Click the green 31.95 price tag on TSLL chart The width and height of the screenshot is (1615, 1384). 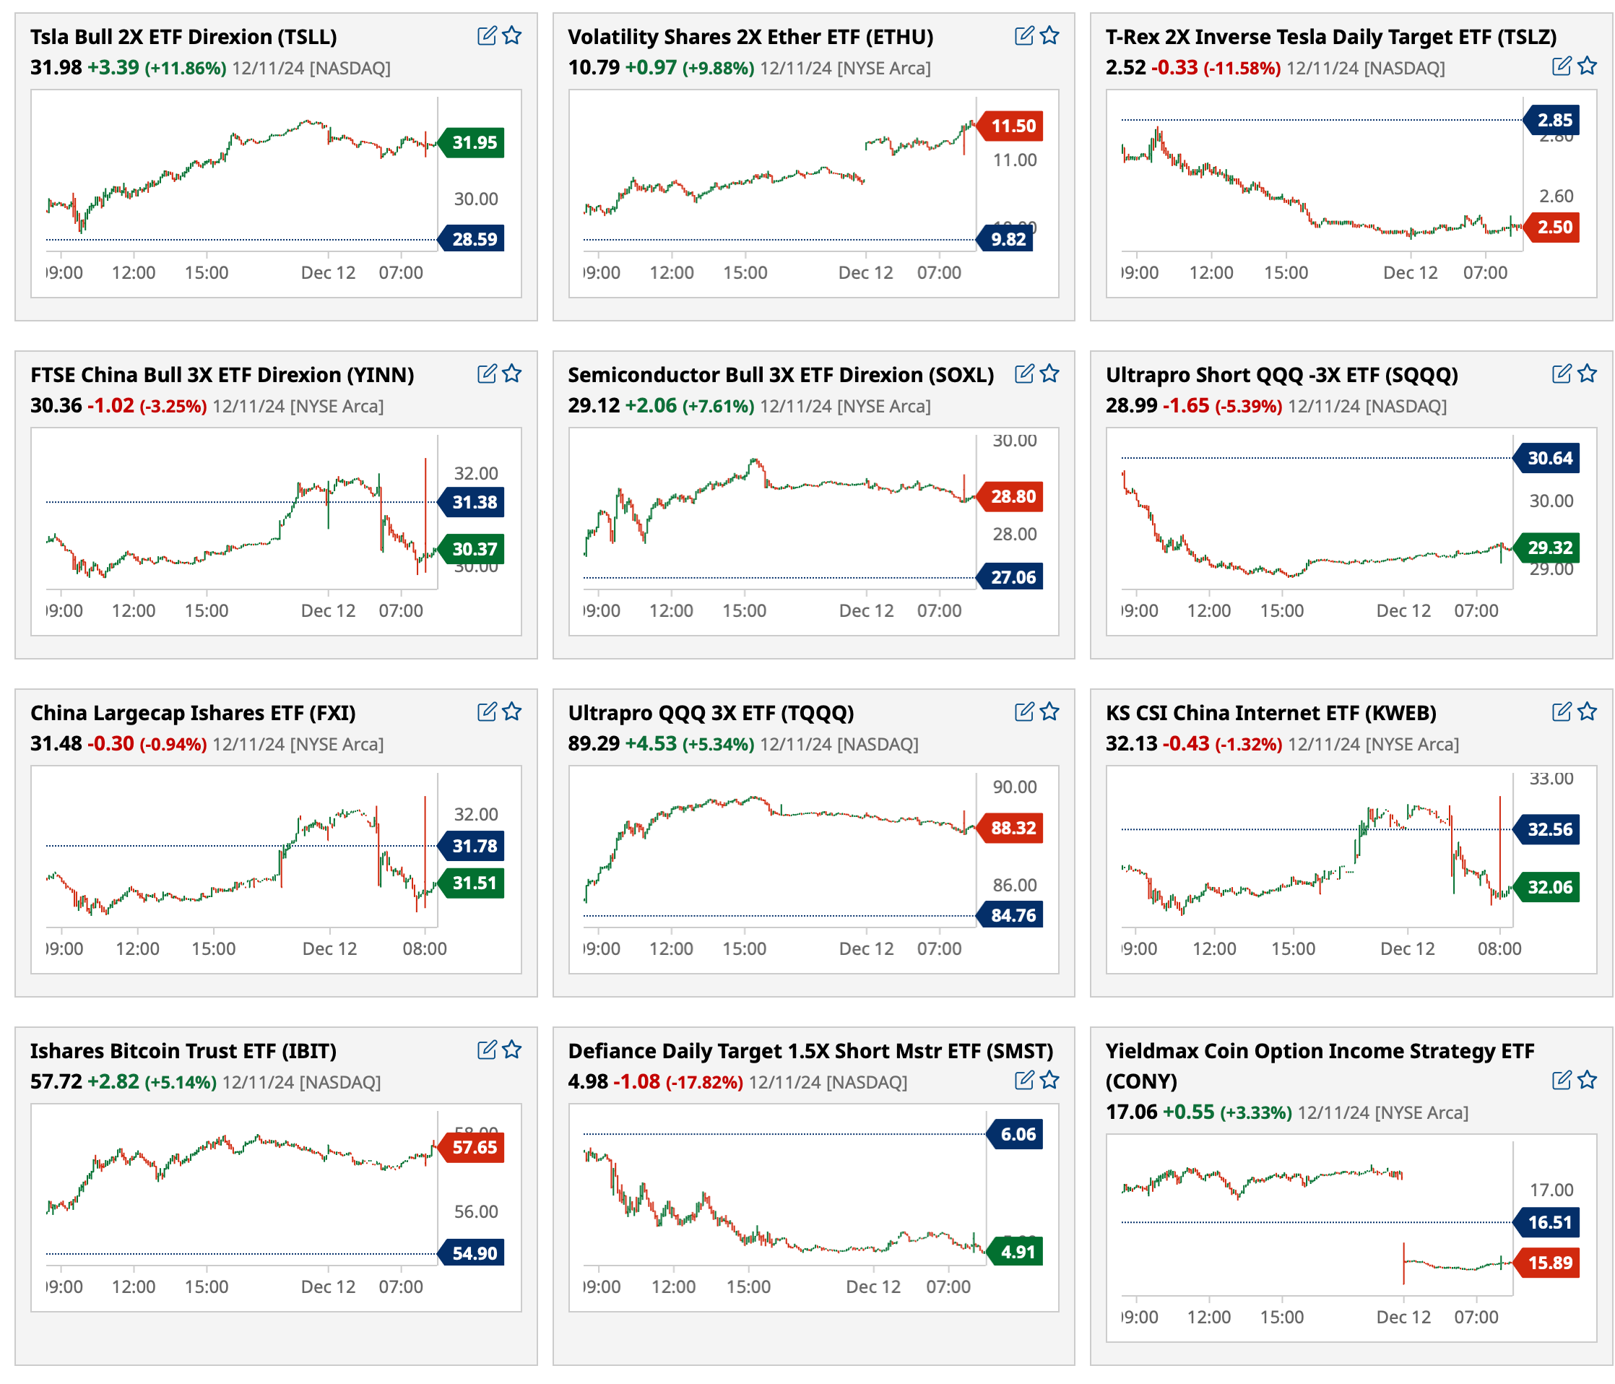[x=473, y=143]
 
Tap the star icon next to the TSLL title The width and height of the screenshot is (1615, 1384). [x=512, y=36]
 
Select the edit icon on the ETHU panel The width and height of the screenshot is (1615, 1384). [x=1024, y=36]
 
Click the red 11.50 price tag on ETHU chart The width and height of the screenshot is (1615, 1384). [x=1012, y=126]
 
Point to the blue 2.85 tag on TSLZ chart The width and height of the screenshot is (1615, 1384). [x=1554, y=120]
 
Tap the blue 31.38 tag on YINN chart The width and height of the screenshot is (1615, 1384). [x=473, y=502]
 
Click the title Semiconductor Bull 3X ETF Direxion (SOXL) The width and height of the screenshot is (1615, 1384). [x=780, y=375]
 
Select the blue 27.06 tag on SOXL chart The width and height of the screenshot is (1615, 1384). [x=1012, y=577]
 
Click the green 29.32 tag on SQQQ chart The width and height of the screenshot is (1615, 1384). [x=1549, y=548]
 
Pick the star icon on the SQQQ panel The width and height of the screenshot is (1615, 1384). [x=1587, y=374]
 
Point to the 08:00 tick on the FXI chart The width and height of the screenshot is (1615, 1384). [x=425, y=949]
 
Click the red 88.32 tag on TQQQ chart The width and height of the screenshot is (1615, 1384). [x=1012, y=828]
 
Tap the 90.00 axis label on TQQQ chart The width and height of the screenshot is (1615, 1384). [x=1014, y=787]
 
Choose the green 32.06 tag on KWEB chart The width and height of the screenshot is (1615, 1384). [x=1549, y=886]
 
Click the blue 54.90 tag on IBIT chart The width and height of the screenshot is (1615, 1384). [x=473, y=1253]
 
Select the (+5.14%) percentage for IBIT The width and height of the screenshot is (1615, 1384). [x=181, y=1082]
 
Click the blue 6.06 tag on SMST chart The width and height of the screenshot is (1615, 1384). [x=1017, y=1135]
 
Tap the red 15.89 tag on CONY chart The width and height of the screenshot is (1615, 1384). [x=1549, y=1263]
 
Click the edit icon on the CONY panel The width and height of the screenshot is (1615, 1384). [x=1562, y=1080]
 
